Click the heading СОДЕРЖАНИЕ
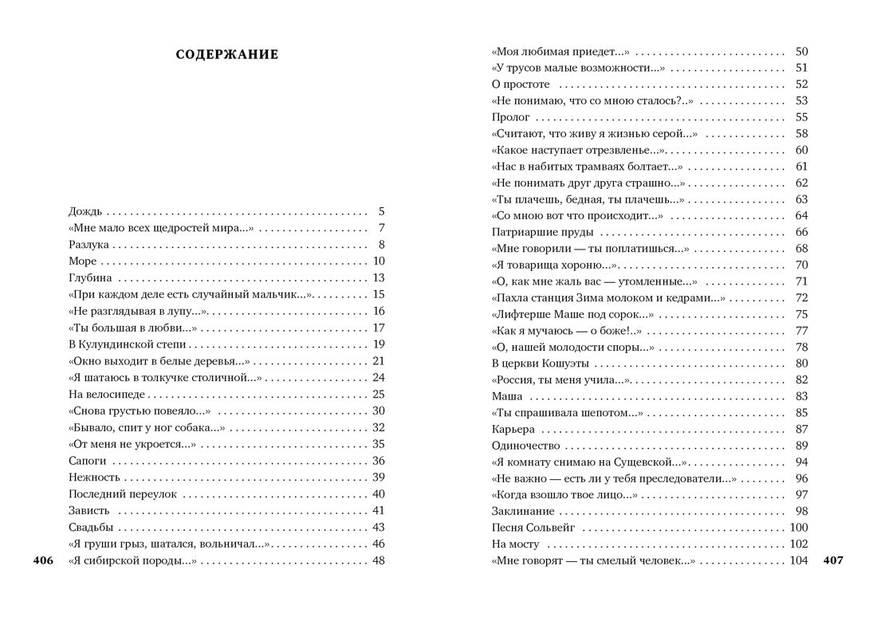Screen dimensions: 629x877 [x=227, y=54]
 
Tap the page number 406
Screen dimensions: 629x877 [x=43, y=560]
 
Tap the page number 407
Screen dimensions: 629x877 [x=833, y=560]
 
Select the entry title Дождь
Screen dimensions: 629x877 [x=85, y=212]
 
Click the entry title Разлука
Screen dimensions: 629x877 [x=88, y=245]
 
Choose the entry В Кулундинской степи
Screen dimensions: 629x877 [x=127, y=344]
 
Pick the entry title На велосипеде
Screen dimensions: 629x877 [x=107, y=394]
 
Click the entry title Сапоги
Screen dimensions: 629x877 [x=88, y=461]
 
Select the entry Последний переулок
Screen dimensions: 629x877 [x=123, y=494]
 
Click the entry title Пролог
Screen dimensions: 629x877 [x=511, y=117]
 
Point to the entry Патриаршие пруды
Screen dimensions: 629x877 [x=542, y=232]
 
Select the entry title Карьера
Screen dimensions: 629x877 [x=513, y=429]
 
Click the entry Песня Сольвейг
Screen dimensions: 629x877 [x=533, y=528]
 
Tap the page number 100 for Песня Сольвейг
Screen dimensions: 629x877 [x=798, y=528]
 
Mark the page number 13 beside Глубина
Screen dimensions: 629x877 [x=379, y=278]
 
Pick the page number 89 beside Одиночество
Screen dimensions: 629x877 [x=801, y=446]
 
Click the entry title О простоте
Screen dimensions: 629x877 [x=521, y=85]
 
